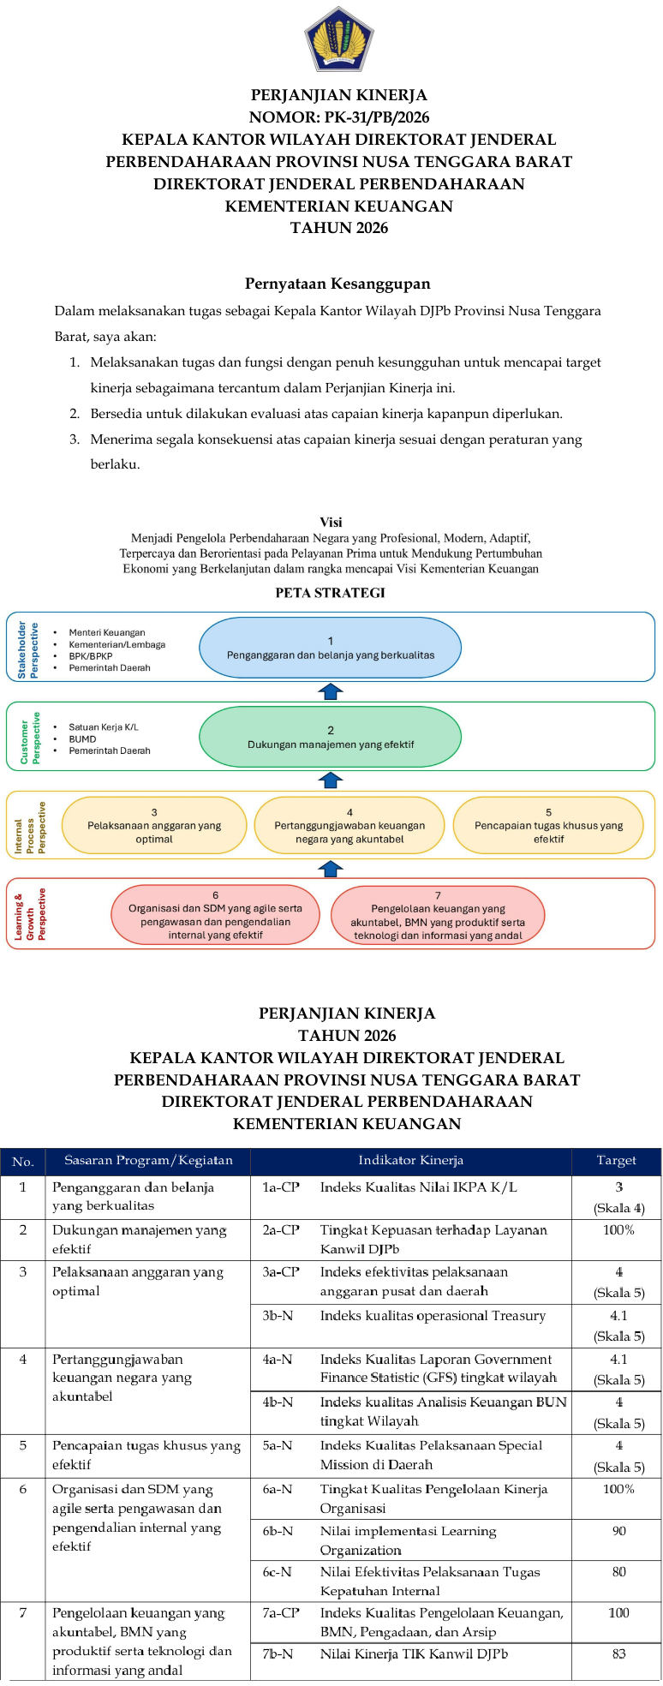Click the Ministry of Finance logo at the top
click(x=338, y=40)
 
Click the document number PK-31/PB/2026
click(x=338, y=117)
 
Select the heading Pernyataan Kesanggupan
click(x=337, y=284)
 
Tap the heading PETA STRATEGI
click(x=330, y=593)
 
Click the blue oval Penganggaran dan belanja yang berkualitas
click(x=330, y=648)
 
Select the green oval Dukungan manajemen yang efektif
click(x=330, y=737)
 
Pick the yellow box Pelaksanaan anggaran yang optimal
click(x=154, y=826)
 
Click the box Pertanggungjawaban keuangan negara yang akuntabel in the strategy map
click(x=349, y=826)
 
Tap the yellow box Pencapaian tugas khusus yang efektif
click(x=548, y=826)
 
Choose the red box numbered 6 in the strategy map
click(x=215, y=915)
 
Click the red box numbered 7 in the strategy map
click(x=438, y=915)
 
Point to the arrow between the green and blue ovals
click(x=331, y=691)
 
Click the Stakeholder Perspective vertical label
click(x=28, y=649)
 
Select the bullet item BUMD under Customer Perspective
click(x=83, y=738)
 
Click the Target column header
click(x=616, y=1161)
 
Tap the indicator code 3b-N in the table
click(x=278, y=1316)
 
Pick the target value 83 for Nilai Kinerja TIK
click(x=618, y=1654)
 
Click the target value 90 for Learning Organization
click(x=618, y=1531)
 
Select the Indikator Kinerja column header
click(x=410, y=1161)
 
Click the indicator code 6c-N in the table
click(x=278, y=1572)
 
